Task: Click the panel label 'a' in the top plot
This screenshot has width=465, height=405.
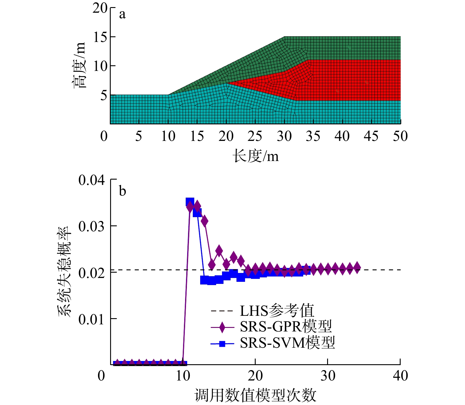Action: (122, 14)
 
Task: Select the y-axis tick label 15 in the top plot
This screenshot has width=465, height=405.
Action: (100, 37)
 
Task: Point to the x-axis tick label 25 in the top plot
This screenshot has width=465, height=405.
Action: (255, 136)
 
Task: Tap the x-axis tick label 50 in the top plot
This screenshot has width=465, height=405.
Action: (400, 136)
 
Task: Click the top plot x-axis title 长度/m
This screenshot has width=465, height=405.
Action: (256, 156)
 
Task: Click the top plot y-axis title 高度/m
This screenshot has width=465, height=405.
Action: (79, 65)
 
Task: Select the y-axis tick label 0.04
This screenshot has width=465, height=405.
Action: (92, 180)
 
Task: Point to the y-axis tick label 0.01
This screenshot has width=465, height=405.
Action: (92, 319)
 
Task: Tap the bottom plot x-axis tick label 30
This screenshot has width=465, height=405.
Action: (328, 376)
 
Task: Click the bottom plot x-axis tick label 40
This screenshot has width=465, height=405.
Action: (400, 376)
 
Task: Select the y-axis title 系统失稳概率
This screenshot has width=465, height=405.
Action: (64, 272)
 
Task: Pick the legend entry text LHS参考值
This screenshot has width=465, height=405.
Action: (277, 311)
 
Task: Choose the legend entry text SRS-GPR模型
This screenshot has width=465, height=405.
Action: (286, 327)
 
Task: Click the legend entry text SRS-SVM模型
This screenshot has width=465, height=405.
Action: (287, 343)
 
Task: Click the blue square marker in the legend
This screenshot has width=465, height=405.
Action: (222, 344)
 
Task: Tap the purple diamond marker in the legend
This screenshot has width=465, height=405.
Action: (222, 327)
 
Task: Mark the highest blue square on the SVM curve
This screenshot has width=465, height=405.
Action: (190, 202)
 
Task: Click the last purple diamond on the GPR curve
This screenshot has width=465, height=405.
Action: (357, 267)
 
